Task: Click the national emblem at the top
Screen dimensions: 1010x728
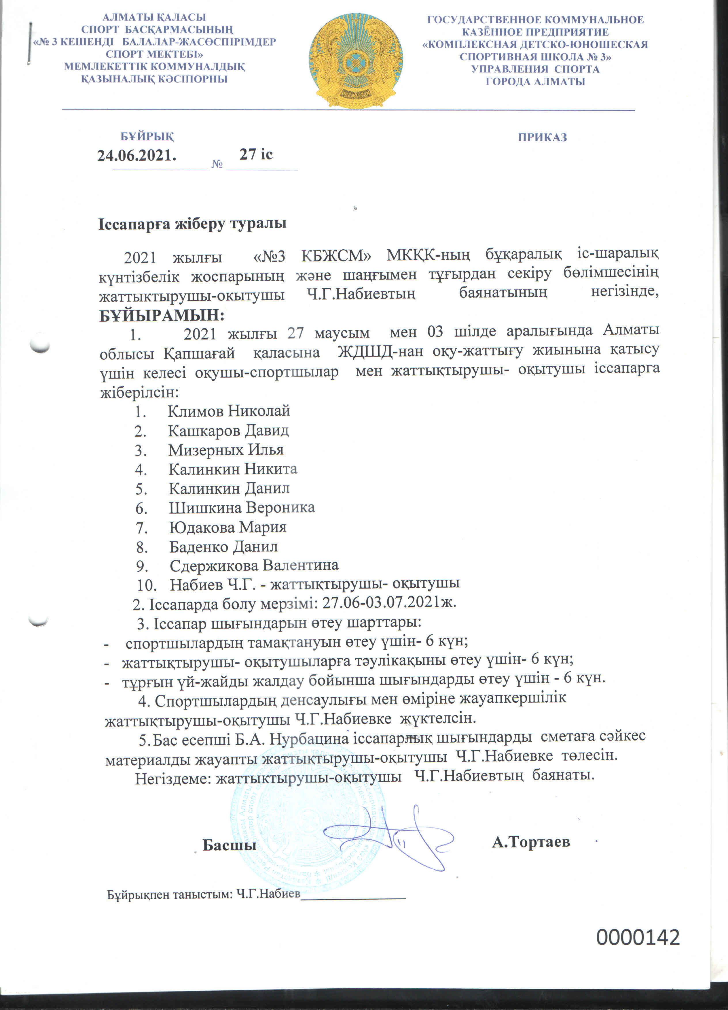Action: [356, 61]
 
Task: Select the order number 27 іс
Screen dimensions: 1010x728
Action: [256, 154]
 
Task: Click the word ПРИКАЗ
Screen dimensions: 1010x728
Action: [542, 137]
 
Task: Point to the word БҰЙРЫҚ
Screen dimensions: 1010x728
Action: [147, 136]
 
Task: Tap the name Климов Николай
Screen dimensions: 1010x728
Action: [229, 410]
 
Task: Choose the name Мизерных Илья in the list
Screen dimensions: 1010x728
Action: [225, 450]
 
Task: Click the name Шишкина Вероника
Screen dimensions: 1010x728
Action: [242, 508]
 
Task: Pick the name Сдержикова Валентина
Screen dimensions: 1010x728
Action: [254, 566]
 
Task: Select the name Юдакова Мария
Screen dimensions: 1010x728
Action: [227, 527]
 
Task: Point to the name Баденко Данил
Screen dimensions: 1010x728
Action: [223, 547]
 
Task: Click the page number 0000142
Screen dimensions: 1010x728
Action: [638, 937]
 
